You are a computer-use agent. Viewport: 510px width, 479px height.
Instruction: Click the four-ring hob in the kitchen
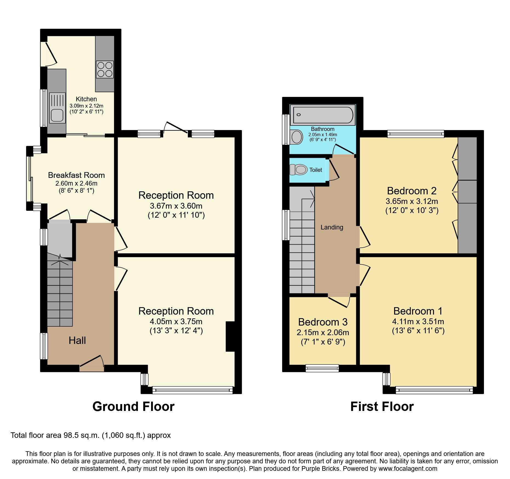click(x=105, y=69)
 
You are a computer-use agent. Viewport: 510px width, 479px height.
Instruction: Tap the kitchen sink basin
click(x=57, y=115)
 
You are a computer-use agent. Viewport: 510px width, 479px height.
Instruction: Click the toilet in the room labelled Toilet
click(x=299, y=170)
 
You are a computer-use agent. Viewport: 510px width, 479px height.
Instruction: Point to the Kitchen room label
click(x=86, y=99)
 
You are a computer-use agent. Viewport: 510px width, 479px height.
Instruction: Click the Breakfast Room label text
click(x=76, y=175)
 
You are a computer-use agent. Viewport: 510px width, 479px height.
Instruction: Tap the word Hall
click(x=77, y=340)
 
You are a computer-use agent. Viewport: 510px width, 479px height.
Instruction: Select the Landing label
click(x=332, y=227)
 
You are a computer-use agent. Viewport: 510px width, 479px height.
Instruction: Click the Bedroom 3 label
click(x=323, y=322)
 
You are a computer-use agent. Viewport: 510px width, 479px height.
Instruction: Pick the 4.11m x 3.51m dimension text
click(x=418, y=321)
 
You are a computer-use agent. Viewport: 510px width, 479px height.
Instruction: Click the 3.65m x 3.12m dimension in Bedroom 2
click(x=412, y=201)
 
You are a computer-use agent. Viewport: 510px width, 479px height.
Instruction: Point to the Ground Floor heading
click(x=133, y=406)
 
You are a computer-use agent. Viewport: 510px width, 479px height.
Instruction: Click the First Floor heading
click(x=382, y=406)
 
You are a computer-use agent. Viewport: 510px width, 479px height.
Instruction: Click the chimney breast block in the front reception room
click(x=230, y=336)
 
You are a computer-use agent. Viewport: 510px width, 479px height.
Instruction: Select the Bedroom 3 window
click(x=322, y=368)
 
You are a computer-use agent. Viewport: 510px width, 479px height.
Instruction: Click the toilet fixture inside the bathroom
click(x=296, y=137)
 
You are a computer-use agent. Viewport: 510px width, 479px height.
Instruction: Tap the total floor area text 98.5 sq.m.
click(x=90, y=435)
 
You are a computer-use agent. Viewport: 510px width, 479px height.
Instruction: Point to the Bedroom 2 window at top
click(x=415, y=134)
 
